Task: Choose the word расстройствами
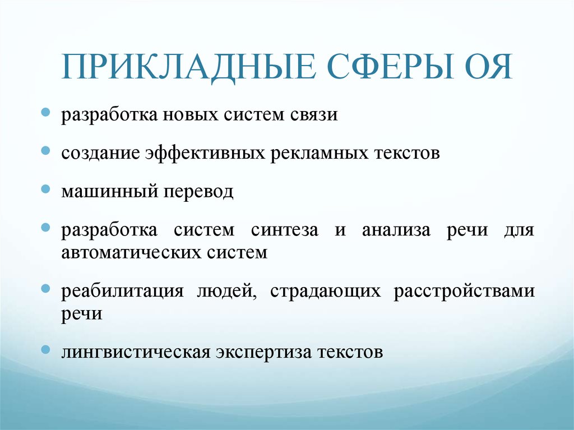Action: (x=464, y=292)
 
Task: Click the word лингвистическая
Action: (x=136, y=353)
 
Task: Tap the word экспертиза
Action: (x=263, y=353)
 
